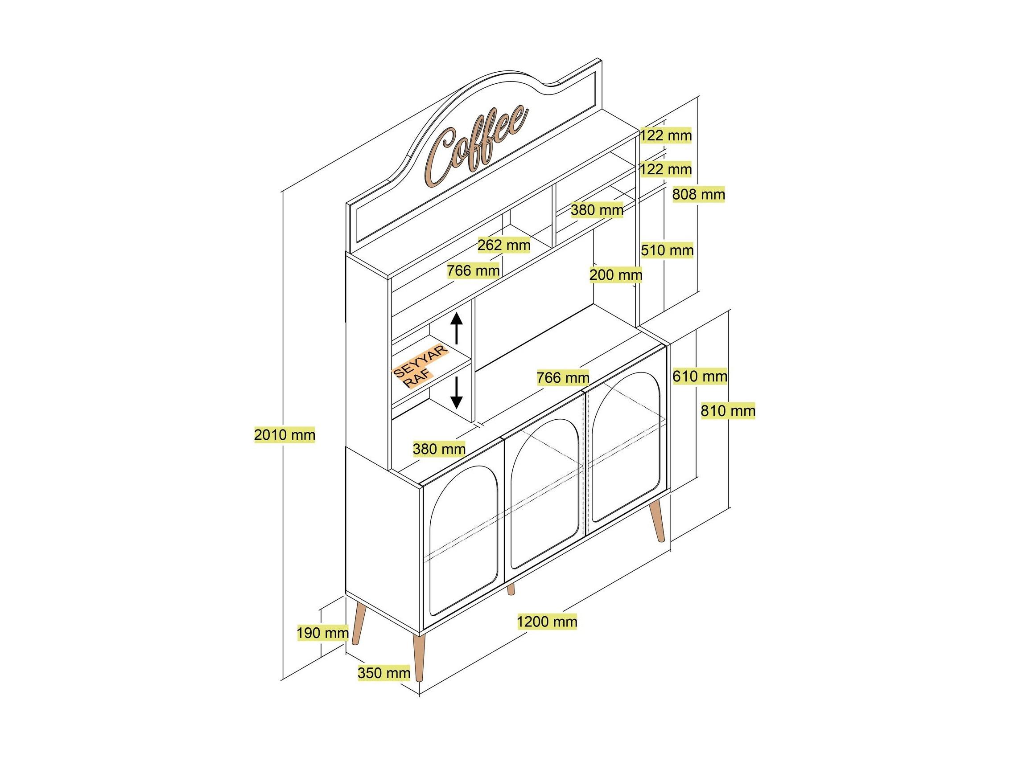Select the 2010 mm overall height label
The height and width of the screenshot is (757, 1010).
(284, 434)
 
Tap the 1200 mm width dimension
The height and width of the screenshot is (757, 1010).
(547, 622)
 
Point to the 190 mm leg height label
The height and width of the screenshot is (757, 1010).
(323, 633)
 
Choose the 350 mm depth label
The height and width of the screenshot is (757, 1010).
(384, 673)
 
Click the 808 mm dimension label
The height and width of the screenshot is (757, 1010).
(699, 195)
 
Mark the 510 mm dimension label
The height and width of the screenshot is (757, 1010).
(667, 250)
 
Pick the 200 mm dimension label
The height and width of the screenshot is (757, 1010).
(615, 275)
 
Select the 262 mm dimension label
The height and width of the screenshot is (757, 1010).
(504, 246)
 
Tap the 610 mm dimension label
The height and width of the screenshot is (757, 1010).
(700, 376)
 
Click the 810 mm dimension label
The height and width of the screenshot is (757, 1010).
(728, 411)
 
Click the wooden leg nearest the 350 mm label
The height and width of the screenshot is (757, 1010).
(419, 657)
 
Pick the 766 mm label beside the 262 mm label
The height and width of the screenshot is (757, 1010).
(473, 271)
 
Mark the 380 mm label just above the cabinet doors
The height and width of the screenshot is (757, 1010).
(439, 450)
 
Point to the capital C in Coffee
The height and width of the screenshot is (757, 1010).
(441, 157)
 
